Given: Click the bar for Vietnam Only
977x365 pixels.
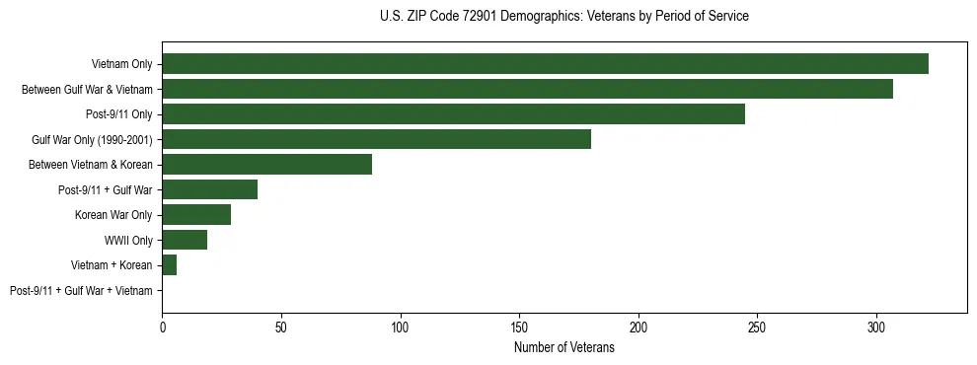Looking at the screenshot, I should (545, 64).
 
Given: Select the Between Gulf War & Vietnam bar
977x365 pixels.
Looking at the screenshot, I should (527, 89).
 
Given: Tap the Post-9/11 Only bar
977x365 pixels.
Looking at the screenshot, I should (453, 114).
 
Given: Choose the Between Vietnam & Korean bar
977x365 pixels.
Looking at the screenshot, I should (266, 165).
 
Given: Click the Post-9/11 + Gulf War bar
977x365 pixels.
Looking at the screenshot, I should (209, 189).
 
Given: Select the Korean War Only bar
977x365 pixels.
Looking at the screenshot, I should (196, 215).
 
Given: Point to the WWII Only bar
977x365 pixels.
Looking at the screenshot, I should (185, 240).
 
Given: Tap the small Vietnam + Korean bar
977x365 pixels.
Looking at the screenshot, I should (169, 265).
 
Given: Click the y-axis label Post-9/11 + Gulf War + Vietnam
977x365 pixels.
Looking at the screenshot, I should (81, 291).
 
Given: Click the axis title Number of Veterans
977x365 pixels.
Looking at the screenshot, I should (564, 348).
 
